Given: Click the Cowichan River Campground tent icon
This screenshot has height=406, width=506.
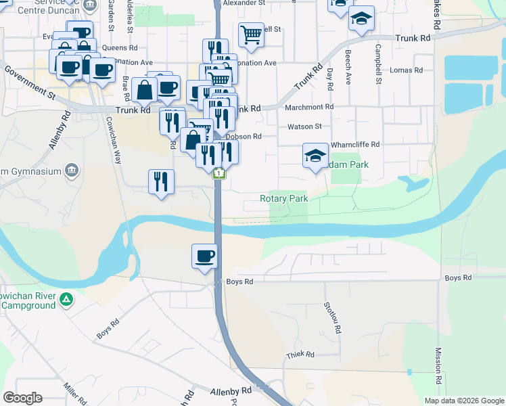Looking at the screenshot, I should (x=66, y=298).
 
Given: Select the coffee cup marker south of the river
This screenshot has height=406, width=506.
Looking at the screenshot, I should (x=205, y=256).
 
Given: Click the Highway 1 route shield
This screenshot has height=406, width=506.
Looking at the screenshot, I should (x=219, y=173).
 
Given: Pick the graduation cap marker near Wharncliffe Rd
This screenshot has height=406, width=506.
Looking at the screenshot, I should (x=315, y=156).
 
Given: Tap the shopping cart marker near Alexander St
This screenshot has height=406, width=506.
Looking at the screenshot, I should (x=251, y=35).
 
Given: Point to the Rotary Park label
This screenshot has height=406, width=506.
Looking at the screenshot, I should (x=284, y=199).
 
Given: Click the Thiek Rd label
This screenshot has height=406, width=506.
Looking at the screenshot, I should (x=300, y=355).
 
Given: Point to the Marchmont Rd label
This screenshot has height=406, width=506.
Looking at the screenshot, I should (x=309, y=107).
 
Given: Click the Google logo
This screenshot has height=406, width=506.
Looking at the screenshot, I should (x=22, y=398).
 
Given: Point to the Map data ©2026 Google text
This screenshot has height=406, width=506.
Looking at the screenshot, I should (x=463, y=401).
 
